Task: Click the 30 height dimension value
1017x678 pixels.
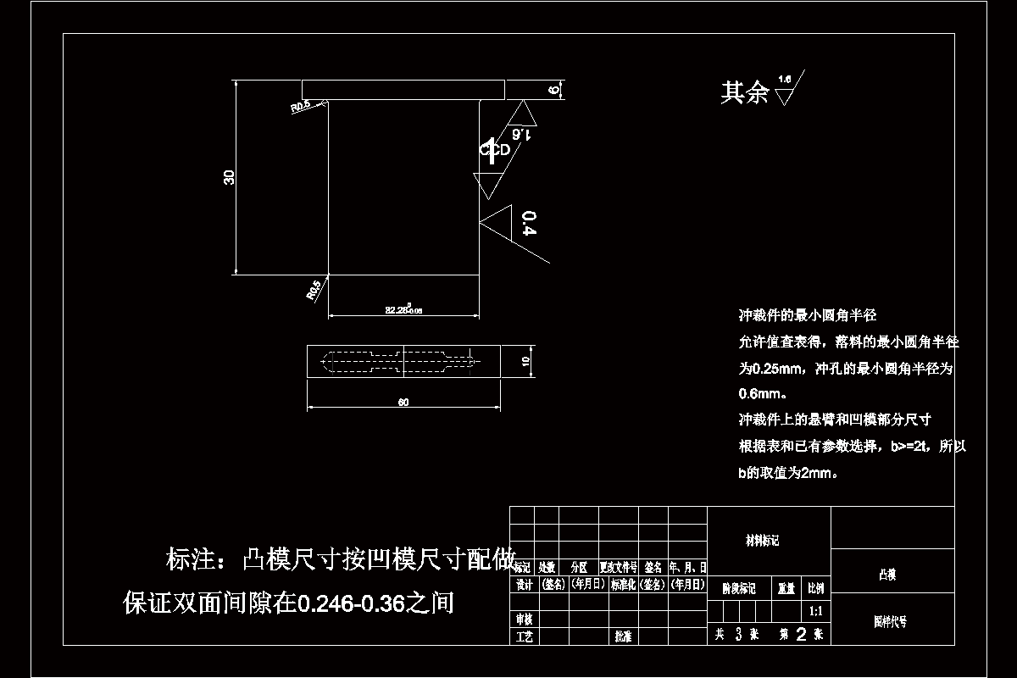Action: point(229,177)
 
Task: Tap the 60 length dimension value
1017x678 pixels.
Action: point(403,403)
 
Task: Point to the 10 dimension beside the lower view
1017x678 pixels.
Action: point(525,361)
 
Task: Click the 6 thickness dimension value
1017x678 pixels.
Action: point(554,90)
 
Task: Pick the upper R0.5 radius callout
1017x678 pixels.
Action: point(301,107)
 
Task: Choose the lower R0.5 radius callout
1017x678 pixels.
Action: point(314,290)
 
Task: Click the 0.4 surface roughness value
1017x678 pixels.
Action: point(530,223)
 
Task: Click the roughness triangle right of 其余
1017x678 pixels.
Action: point(785,95)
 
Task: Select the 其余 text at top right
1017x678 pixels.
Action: point(744,92)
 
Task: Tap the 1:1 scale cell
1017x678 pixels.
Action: point(816,610)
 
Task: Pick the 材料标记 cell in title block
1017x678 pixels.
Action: point(762,541)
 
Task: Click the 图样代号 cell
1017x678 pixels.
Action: point(890,621)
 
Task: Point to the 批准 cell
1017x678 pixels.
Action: point(623,636)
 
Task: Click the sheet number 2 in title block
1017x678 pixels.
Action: point(801,634)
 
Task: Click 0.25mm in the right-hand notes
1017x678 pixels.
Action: point(777,369)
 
